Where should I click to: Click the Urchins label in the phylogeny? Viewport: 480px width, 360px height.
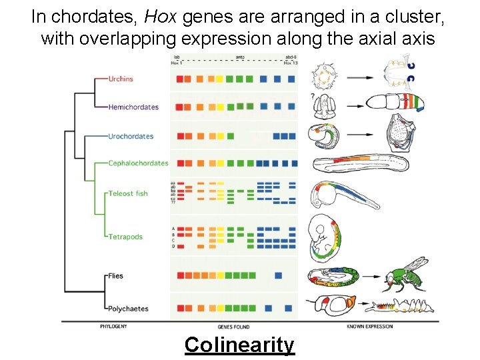pyautogui.click(x=120, y=79)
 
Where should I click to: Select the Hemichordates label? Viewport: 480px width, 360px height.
pyautogui.click(x=133, y=107)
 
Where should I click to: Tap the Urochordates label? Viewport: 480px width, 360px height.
pyautogui.click(x=130, y=136)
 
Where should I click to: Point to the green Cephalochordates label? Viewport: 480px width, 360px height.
pyautogui.click(x=138, y=163)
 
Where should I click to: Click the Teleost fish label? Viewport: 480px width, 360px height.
pyautogui.click(x=127, y=193)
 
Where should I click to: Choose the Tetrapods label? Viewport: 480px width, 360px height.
pyautogui.click(x=125, y=237)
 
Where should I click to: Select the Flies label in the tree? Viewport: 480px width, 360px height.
pyautogui.click(x=115, y=276)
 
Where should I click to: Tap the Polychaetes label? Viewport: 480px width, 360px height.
pyautogui.click(x=128, y=309)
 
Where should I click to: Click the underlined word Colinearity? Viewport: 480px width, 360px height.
pyautogui.click(x=239, y=345)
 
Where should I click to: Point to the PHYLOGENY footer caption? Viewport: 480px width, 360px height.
pyautogui.click(x=115, y=327)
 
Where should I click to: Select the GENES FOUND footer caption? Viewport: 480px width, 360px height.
pyautogui.click(x=234, y=327)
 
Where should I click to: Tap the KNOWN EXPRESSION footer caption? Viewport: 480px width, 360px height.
pyautogui.click(x=370, y=327)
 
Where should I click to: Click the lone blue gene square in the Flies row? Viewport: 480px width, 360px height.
pyautogui.click(x=278, y=275)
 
